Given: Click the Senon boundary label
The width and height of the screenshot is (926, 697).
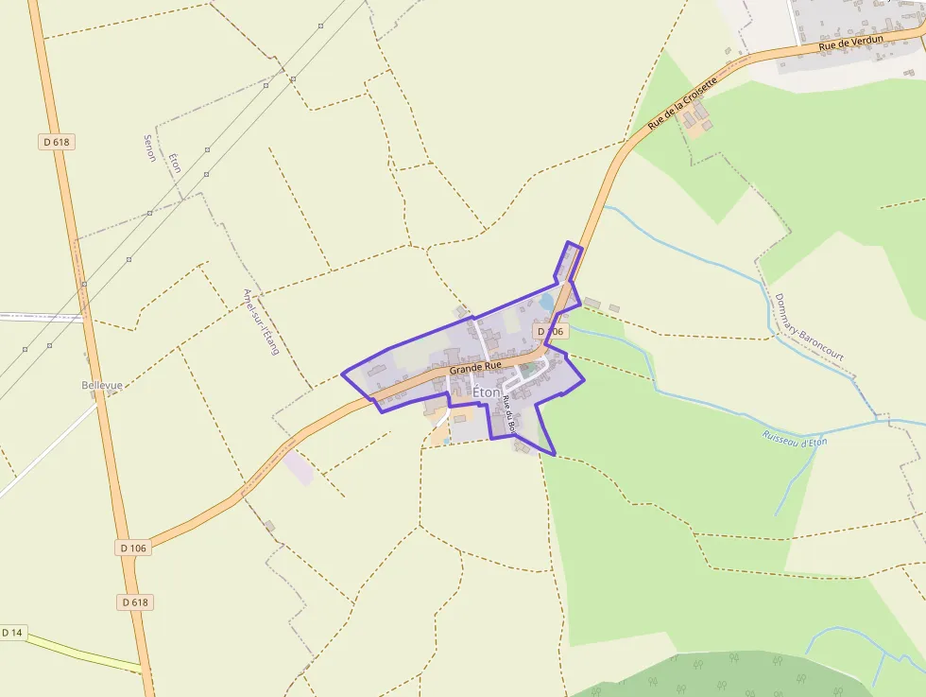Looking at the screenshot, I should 149,148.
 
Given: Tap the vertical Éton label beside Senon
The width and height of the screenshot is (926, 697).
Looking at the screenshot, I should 174,162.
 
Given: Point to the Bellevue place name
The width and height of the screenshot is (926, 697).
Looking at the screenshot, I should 102,386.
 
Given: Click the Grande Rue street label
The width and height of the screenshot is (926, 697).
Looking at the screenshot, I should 475,366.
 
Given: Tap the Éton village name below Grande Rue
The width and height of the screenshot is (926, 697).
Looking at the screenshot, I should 487,392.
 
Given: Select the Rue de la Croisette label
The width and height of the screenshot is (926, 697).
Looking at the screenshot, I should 682,103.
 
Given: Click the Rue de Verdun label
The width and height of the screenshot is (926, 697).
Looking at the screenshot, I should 850,43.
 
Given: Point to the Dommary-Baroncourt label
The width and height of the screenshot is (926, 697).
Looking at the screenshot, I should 808,326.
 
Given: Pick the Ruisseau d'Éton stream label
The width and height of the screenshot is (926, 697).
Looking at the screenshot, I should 795,438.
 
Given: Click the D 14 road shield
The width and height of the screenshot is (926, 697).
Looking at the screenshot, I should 11,632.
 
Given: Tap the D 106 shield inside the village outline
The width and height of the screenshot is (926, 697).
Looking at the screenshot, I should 551,332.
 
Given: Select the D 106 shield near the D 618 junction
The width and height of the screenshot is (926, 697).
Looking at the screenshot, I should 134,548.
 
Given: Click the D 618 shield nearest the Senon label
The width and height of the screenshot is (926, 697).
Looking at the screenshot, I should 56,142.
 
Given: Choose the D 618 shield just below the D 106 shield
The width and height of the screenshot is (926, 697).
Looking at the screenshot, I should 136,601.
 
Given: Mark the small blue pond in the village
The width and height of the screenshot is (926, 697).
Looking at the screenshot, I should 546,303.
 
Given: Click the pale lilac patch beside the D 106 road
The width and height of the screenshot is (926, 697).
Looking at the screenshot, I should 299,468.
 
